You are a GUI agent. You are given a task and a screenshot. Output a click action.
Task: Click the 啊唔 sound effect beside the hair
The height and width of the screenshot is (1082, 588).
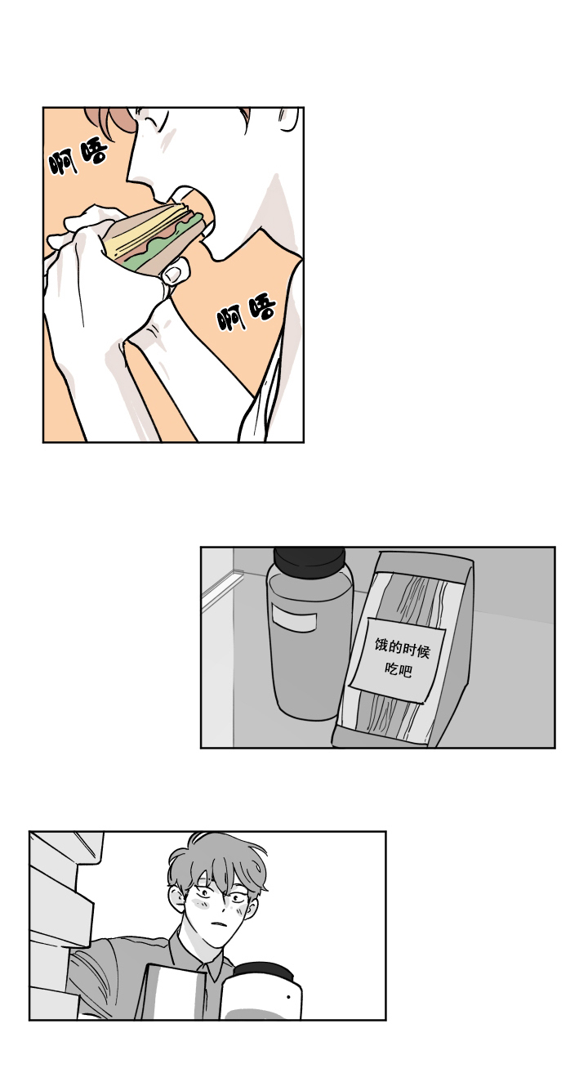click(x=78, y=158)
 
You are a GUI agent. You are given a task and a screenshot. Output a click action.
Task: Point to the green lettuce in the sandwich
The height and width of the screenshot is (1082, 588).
click(x=147, y=253)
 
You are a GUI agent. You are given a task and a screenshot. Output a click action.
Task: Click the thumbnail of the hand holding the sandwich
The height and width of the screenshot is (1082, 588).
click(x=172, y=275)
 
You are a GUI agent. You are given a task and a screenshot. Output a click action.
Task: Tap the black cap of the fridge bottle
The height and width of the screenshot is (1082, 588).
click(x=309, y=561)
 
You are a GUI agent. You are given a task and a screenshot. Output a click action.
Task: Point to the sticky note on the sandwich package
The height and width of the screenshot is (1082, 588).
click(x=399, y=659)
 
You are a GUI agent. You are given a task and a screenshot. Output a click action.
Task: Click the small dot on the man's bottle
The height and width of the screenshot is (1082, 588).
click(x=288, y=997)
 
